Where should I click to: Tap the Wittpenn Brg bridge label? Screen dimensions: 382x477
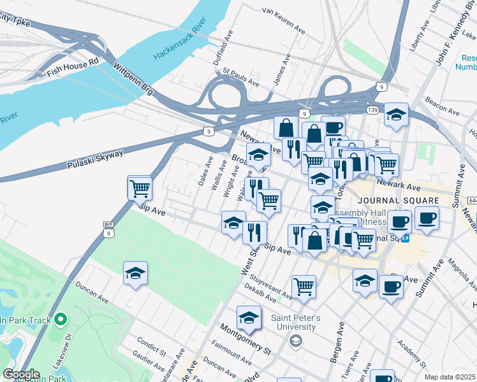click(x=132, y=78)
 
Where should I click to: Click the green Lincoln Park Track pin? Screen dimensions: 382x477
click(x=61, y=319)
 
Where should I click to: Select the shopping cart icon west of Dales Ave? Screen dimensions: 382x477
click(x=140, y=188)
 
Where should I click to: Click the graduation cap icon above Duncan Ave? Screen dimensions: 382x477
click(x=135, y=274)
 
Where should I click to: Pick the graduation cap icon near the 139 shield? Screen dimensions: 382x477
click(x=396, y=115)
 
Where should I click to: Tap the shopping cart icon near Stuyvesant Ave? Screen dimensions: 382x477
click(x=304, y=286)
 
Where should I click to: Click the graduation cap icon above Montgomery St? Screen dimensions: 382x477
click(x=249, y=318)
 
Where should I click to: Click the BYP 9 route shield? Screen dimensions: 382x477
click(x=108, y=229)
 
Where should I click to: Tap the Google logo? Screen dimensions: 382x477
click(x=20, y=374)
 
